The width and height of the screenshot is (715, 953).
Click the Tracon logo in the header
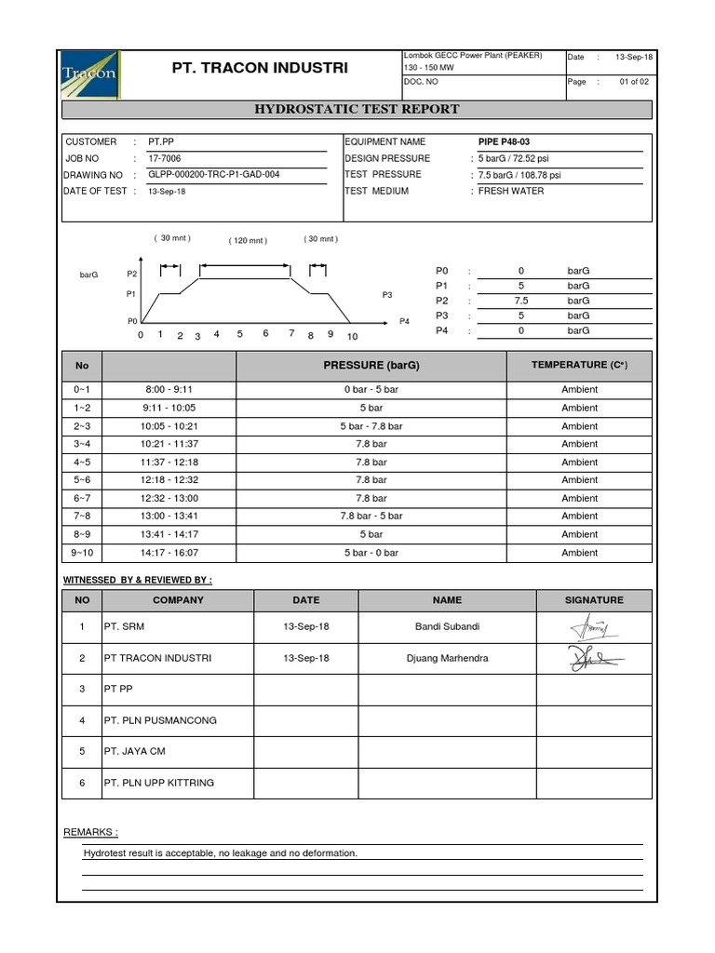88,71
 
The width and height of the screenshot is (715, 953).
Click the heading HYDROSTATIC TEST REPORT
357,109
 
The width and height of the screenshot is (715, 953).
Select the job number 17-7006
165,158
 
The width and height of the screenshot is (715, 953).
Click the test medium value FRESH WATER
511,191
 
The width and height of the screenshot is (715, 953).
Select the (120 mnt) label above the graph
248,241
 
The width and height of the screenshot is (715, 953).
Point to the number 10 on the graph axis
351,336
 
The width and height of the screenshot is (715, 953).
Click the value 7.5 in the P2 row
521,301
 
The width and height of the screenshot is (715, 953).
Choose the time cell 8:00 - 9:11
169,390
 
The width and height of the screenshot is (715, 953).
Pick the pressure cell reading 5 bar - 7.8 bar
371,426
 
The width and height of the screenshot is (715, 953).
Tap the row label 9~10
82,553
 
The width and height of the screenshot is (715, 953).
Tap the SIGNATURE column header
594,600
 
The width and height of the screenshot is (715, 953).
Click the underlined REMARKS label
90,831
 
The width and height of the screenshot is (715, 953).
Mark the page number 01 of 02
637,82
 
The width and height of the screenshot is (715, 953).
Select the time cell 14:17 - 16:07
169,553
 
